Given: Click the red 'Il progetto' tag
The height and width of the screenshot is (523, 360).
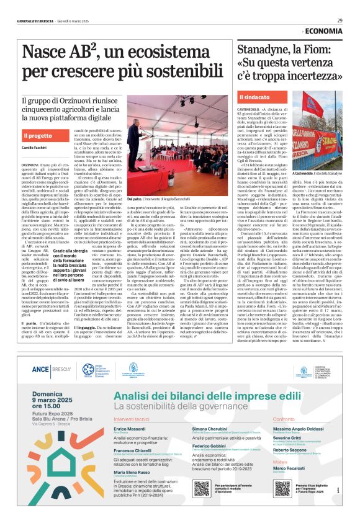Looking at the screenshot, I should coord(38,135).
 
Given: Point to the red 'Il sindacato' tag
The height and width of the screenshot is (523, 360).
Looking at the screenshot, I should coord(256,97).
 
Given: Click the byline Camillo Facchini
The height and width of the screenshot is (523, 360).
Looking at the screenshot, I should coord(35,150).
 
